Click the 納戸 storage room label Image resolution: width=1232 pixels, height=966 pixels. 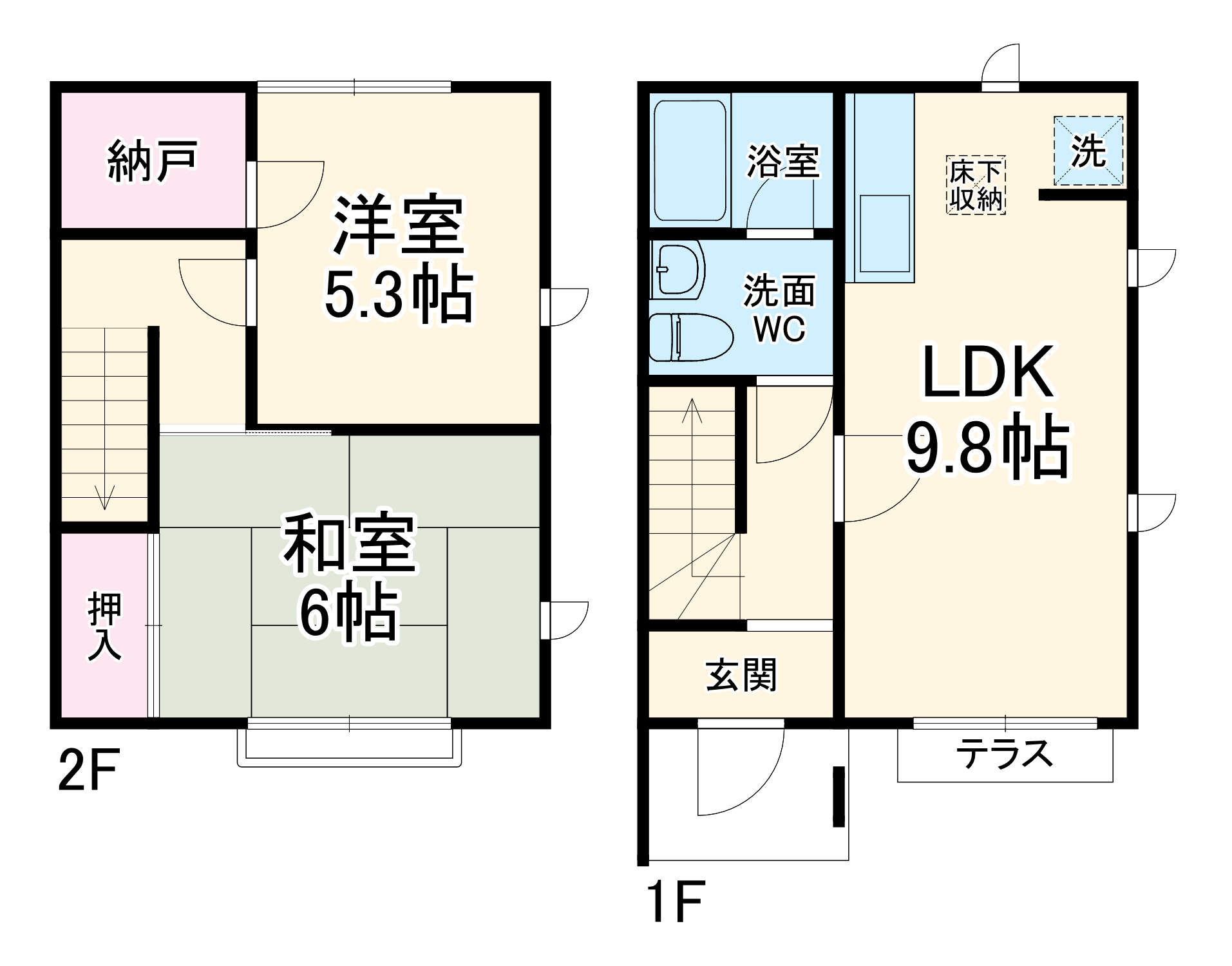152,160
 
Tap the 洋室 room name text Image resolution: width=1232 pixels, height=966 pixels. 398,225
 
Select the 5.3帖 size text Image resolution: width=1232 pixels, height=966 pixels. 398,295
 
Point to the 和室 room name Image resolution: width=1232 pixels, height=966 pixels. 350,543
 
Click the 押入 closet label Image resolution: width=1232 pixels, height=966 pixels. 105,627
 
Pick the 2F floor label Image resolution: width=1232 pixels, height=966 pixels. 89,773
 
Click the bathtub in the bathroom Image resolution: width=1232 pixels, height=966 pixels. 690,160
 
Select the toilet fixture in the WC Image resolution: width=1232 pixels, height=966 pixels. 690,337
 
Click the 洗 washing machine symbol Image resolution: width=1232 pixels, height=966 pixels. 1088,152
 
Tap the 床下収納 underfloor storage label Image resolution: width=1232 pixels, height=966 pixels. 976,185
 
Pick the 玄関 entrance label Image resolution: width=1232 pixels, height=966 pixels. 741,675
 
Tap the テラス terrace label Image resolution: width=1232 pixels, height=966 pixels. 1004,753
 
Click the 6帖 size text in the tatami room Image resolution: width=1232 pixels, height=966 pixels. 348,612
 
